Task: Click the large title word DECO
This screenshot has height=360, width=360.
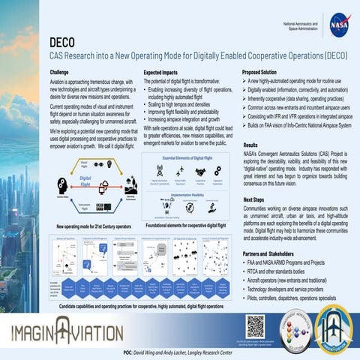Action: pyautogui.click(x=66, y=42)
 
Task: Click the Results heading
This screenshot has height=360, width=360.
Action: pyautogui.click(x=251, y=145)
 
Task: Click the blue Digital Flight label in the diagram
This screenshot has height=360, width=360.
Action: pyautogui.click(x=79, y=180)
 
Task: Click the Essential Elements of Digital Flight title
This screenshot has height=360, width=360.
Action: pyautogui.click(x=185, y=159)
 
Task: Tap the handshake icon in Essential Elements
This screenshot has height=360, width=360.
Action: pyautogui.click(x=202, y=171)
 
